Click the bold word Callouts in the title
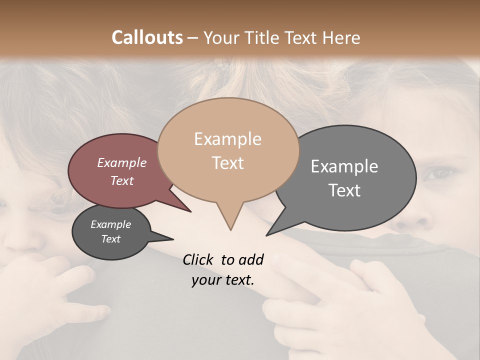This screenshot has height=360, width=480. click(147, 37)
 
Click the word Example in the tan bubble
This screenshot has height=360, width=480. click(227, 139)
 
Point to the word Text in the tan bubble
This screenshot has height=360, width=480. click(227, 163)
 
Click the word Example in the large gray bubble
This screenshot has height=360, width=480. click(344, 166)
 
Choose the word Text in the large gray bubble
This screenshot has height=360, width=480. click(344, 190)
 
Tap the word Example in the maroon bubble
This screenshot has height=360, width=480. click(121, 162)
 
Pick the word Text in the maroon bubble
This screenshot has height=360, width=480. click(121, 180)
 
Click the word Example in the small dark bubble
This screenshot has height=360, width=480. click(110, 224)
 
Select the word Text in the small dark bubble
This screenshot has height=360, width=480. click(110, 239)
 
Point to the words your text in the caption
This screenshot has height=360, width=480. click(222, 280)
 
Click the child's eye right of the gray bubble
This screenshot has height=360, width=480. click(439, 173)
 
